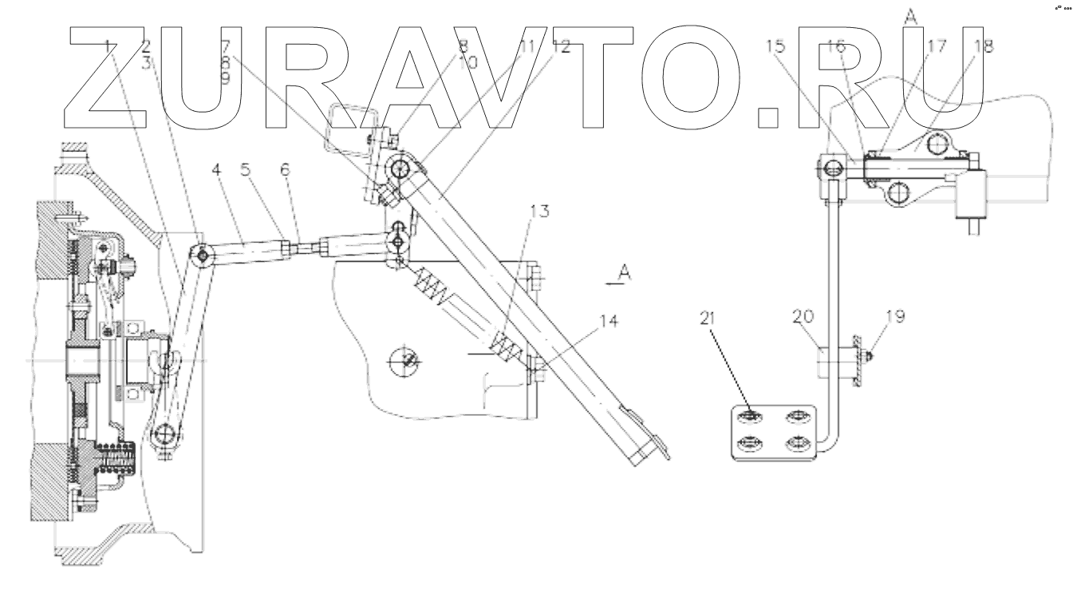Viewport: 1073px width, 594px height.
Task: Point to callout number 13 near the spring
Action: (540, 211)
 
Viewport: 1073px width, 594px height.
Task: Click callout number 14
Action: (609, 321)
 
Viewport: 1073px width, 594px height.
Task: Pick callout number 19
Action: (894, 317)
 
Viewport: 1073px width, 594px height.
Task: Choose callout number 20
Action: (804, 317)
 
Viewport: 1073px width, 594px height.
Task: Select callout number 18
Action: (984, 47)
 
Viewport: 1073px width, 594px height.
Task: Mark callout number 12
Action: (561, 47)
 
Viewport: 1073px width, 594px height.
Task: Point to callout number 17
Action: (937, 47)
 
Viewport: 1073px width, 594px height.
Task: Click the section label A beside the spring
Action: (625, 273)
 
